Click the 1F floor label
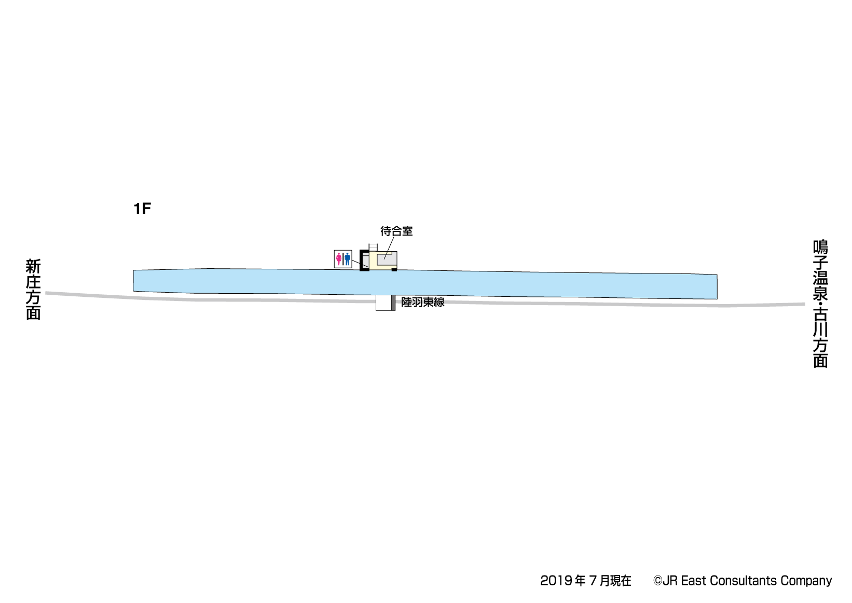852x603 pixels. (x=142, y=209)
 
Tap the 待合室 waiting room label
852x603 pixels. (x=396, y=231)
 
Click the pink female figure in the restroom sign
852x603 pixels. (x=338, y=259)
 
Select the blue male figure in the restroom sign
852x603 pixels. (x=347, y=259)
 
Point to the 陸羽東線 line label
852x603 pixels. (x=422, y=302)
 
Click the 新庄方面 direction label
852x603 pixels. (x=33, y=289)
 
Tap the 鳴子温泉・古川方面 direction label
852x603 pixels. (x=820, y=304)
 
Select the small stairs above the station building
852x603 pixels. (x=373, y=248)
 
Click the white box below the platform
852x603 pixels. (x=383, y=303)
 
